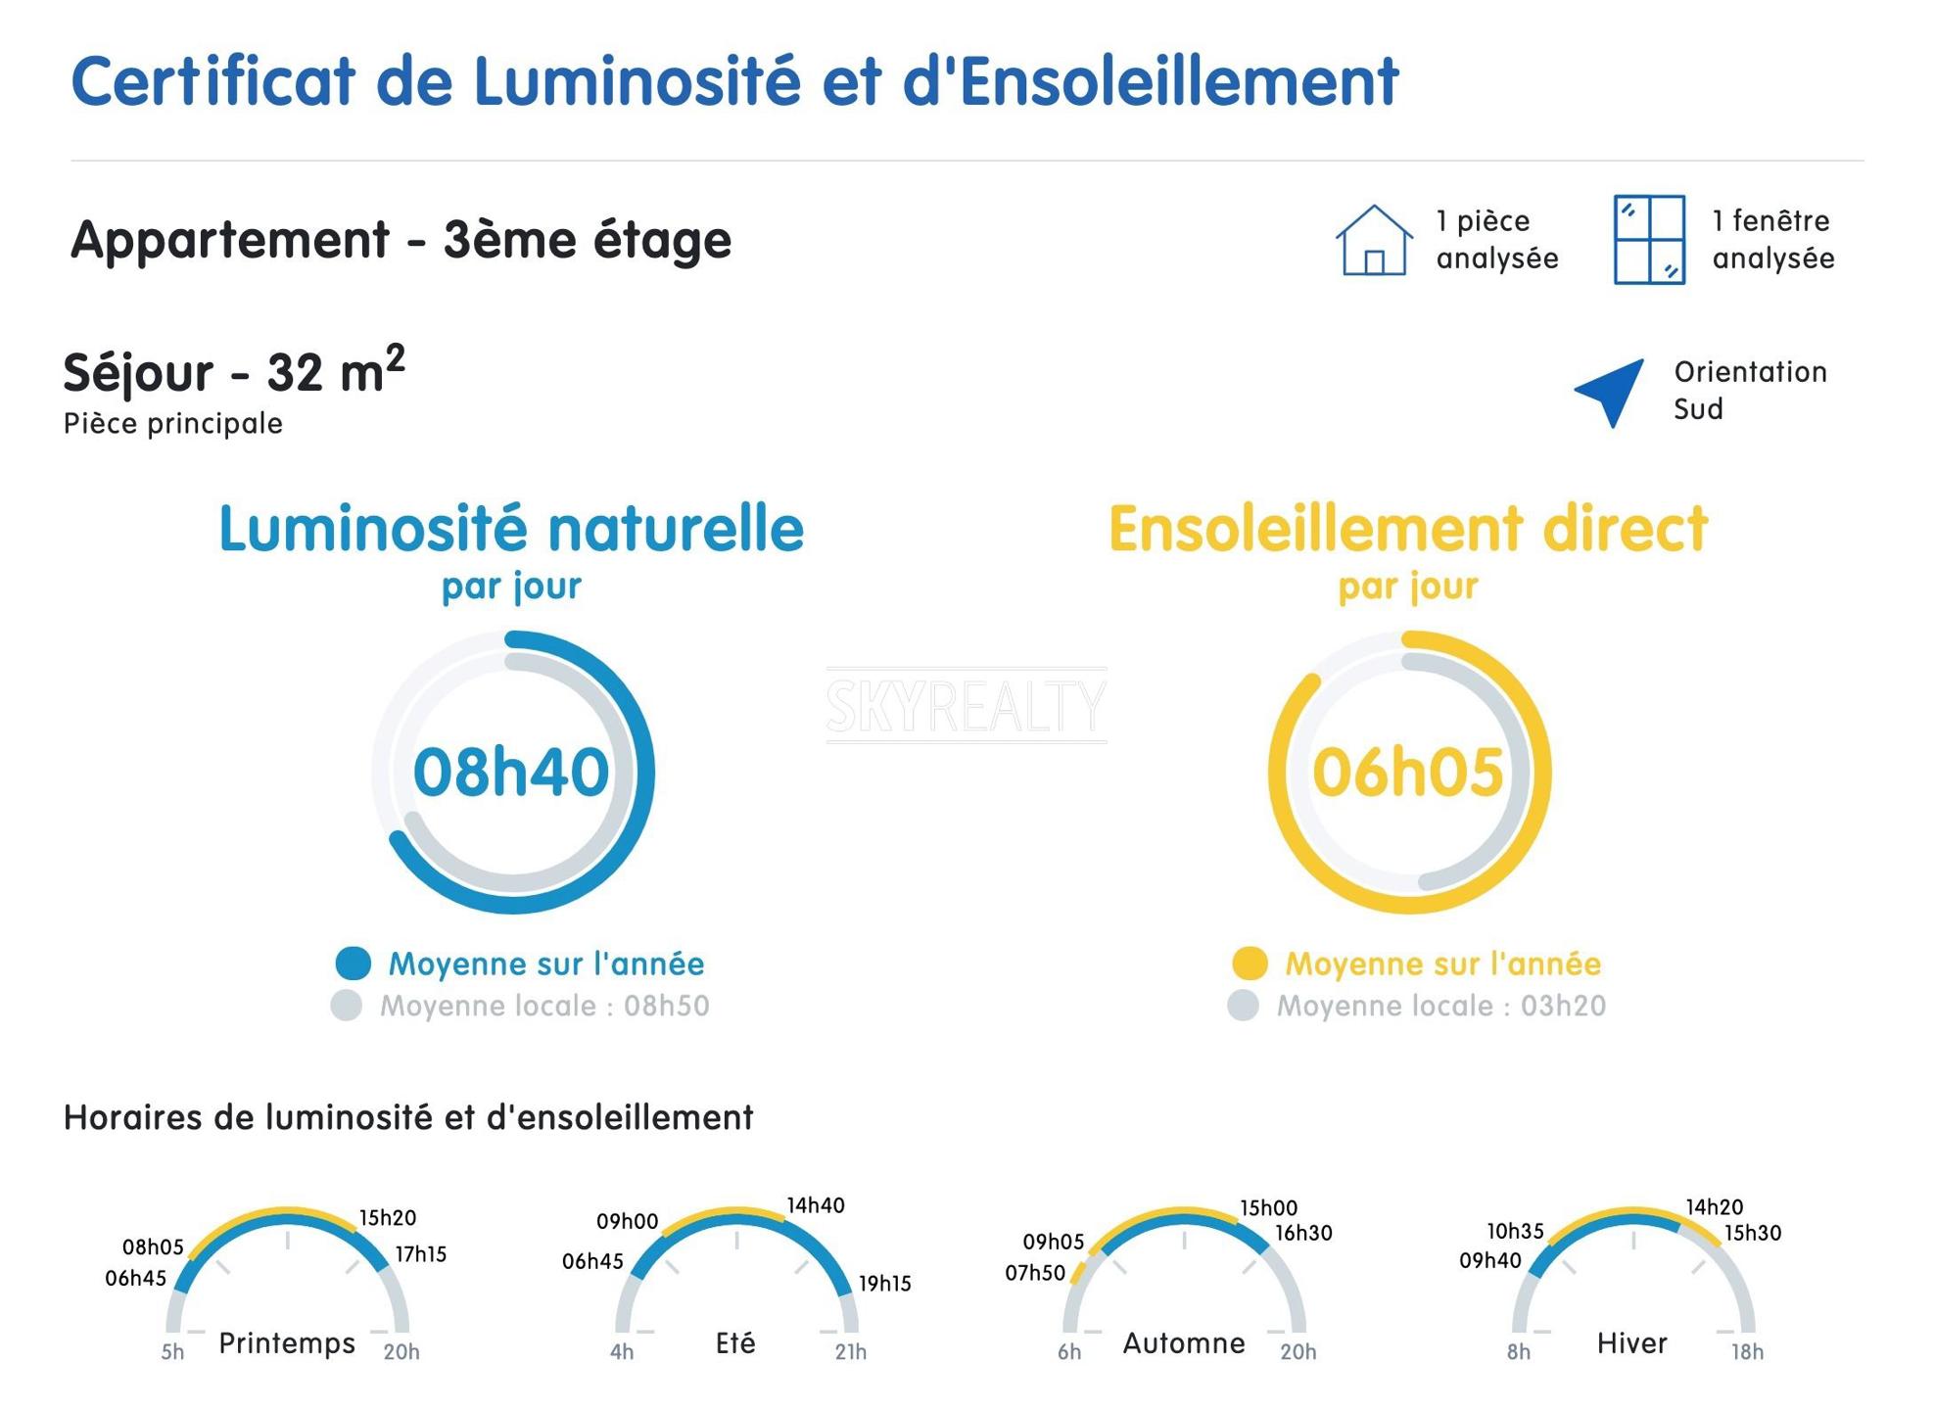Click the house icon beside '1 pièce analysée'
1373,241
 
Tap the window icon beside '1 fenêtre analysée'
1649,240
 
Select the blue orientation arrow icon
1612,391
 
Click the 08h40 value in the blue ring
511,772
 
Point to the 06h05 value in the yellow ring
1407,772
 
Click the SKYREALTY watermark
967,705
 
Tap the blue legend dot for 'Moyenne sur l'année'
353,963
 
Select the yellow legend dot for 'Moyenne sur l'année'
1249,963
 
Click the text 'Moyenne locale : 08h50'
544,1006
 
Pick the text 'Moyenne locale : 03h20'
1440,1006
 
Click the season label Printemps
287,1342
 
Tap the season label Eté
735,1342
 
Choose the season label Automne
1184,1342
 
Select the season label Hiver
1631,1342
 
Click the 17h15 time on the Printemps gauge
421,1254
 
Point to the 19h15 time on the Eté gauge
885,1284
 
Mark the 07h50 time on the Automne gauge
1035,1273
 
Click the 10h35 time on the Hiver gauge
1515,1231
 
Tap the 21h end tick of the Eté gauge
850,1352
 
